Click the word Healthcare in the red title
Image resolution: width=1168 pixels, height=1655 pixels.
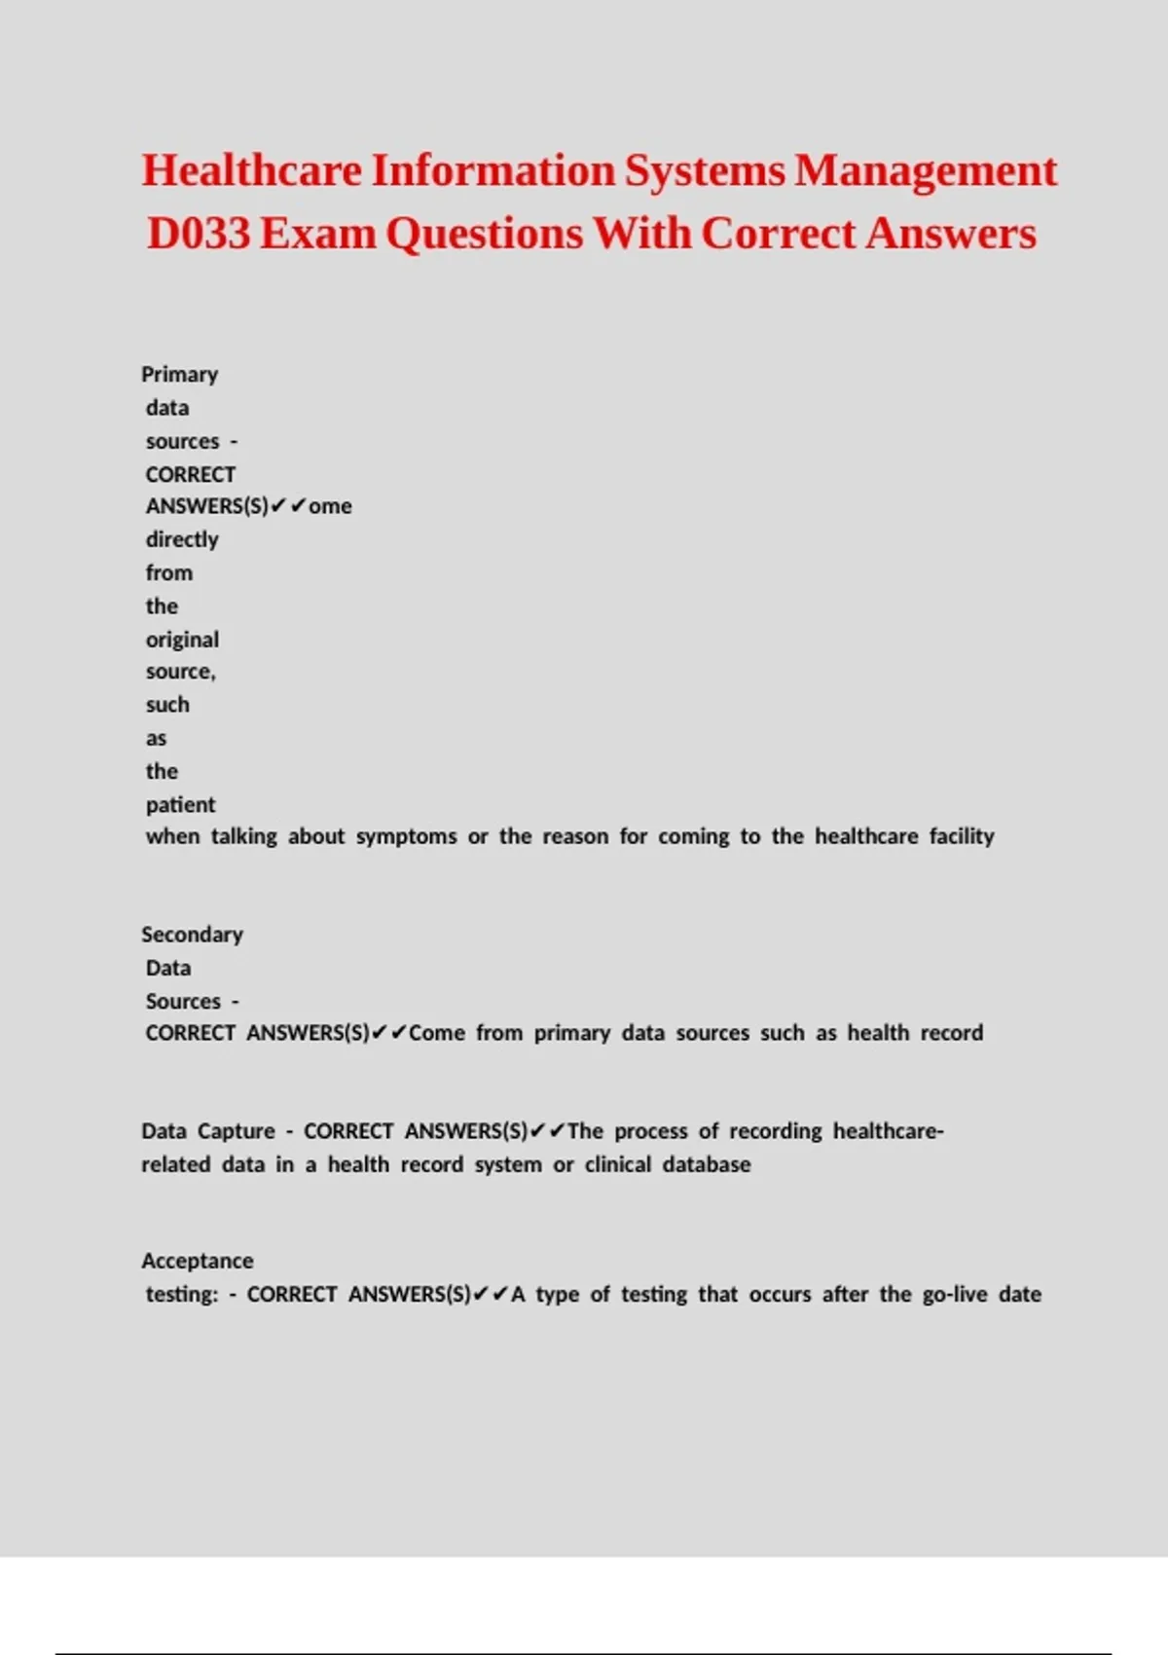click(252, 170)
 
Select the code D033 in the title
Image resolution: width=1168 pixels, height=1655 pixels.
click(199, 234)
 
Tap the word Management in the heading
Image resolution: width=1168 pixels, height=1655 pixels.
click(926, 170)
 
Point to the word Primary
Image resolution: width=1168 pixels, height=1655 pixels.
click(179, 375)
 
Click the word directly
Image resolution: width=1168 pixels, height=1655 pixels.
click(182, 539)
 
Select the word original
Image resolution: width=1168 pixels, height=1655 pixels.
click(182, 640)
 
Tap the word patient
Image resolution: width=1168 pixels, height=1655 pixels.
click(180, 805)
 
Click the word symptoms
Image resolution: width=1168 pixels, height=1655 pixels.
click(406, 836)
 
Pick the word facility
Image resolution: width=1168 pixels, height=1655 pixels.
click(962, 836)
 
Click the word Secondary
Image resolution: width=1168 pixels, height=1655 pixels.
click(192, 935)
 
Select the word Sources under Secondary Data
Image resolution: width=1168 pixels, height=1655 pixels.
click(183, 1002)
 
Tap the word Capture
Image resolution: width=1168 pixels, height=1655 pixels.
click(237, 1131)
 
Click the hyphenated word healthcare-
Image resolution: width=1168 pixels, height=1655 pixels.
click(888, 1131)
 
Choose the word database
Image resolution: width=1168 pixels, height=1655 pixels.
click(707, 1164)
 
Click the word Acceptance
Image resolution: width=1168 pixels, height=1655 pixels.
click(197, 1261)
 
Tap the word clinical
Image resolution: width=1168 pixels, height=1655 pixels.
click(617, 1164)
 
